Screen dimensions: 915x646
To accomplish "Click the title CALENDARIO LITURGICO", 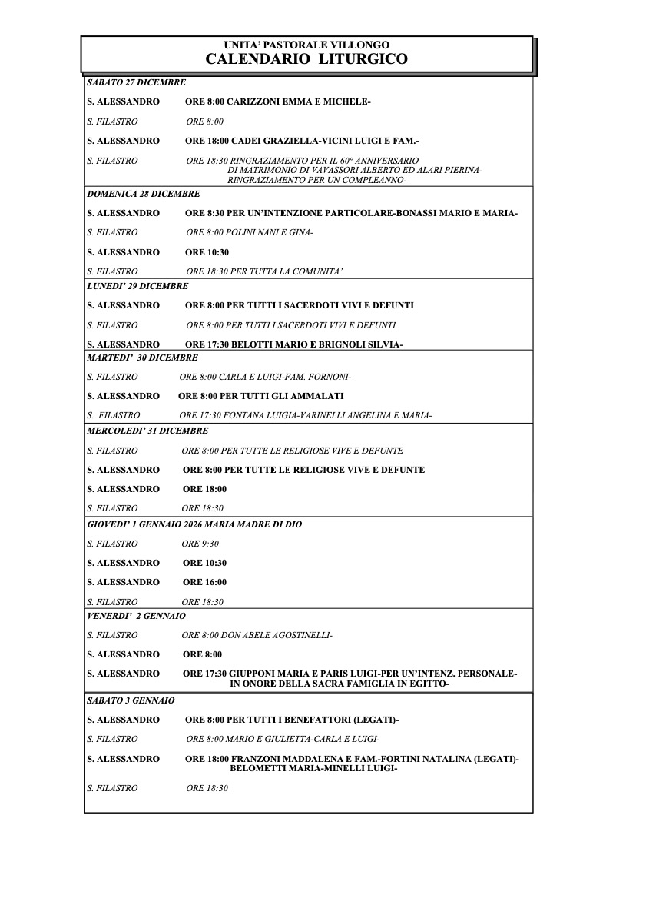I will pos(306,59).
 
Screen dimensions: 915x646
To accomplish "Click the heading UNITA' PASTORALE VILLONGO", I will pos(306,45).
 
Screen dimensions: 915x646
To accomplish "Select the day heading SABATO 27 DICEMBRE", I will pos(136,82).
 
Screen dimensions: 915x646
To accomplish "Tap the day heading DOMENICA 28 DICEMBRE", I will pos(143,194).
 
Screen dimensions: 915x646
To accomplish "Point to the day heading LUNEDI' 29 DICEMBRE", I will pos(137,286).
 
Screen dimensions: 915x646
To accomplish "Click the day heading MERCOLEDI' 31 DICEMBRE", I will pos(147,431).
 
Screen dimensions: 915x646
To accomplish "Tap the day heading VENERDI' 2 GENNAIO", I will pos(136,616).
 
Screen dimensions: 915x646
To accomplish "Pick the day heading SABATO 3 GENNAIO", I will pos(131,700).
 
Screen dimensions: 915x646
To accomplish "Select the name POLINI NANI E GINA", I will pos(270,232).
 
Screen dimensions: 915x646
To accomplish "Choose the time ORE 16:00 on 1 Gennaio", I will pos(204,582).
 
